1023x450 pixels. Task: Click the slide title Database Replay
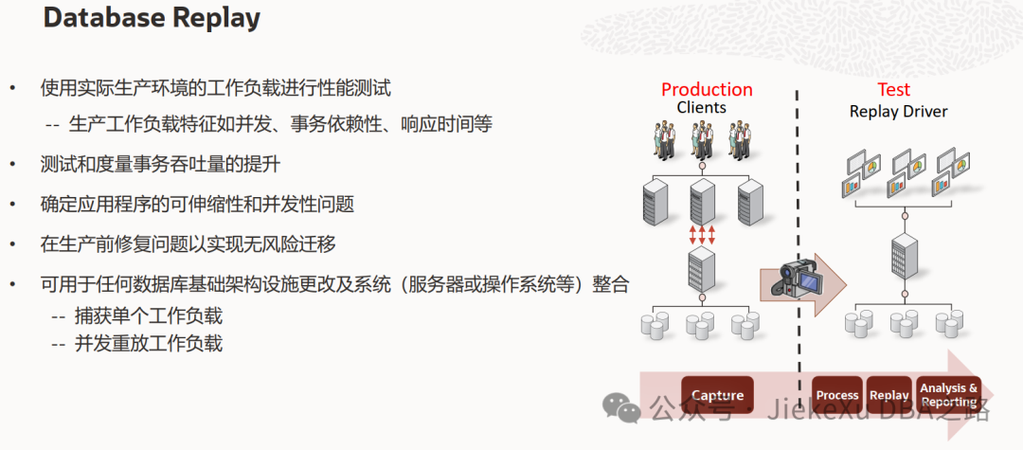coord(152,18)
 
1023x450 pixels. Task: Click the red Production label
coord(707,89)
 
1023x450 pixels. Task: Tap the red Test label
coord(893,89)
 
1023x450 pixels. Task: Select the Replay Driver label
coord(898,111)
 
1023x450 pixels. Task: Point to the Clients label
coord(701,108)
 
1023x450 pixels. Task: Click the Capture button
coord(717,395)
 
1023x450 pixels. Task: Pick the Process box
coord(836,395)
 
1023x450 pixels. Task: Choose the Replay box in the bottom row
coord(888,395)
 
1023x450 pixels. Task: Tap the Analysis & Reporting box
coord(948,395)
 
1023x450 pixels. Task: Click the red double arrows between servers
coord(702,233)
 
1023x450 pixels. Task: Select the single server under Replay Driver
coord(904,257)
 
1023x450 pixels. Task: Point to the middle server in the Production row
coord(702,200)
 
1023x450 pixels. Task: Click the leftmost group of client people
coord(663,141)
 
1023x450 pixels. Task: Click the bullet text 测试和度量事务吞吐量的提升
coord(160,164)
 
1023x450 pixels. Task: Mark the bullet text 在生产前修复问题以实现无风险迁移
coord(188,243)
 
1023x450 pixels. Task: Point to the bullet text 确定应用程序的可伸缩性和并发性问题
coord(197,204)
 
